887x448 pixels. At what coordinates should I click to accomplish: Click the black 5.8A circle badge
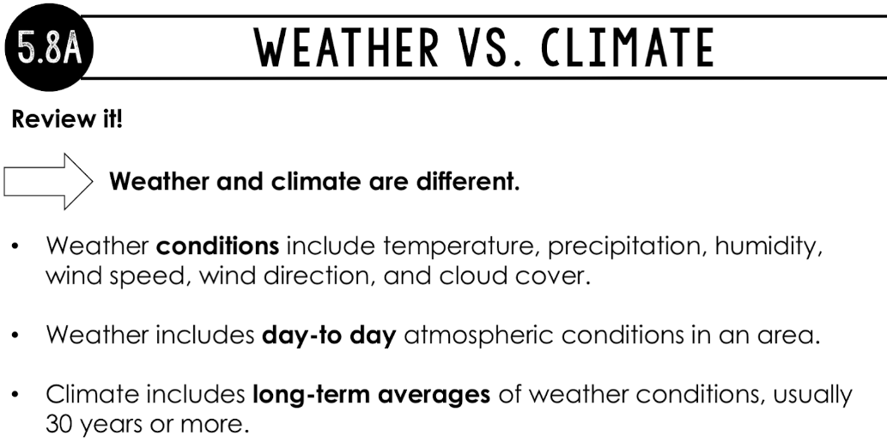(x=49, y=47)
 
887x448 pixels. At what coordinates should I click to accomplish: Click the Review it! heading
(x=67, y=119)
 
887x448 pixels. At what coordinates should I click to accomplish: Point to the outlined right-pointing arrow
(x=48, y=182)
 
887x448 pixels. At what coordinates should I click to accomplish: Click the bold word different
(x=468, y=182)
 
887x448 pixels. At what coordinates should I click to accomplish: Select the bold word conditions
(x=218, y=246)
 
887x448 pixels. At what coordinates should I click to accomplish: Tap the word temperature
(x=459, y=247)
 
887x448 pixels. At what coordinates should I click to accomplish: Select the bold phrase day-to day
(x=329, y=336)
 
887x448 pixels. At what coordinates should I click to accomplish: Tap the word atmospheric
(x=478, y=336)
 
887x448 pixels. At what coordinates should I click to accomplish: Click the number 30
(x=59, y=424)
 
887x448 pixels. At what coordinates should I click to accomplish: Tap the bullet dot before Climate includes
(x=15, y=395)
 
